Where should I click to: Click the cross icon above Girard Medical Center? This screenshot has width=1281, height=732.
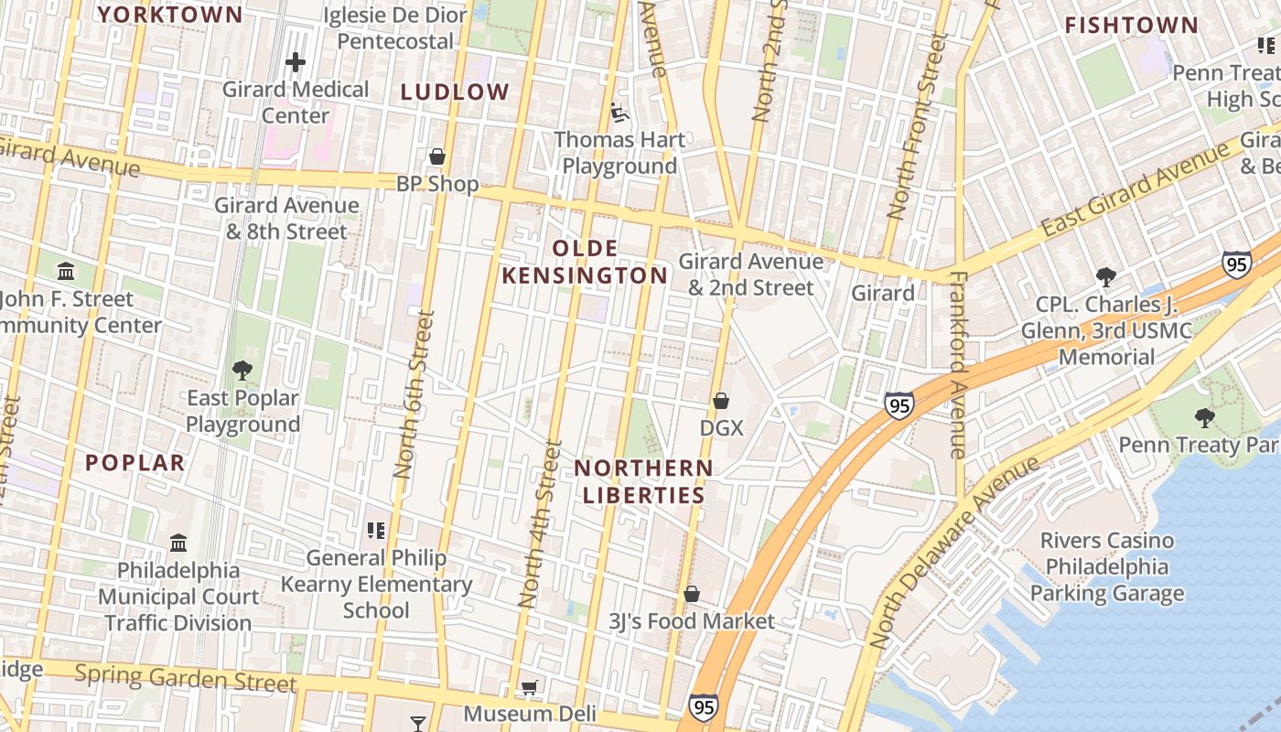295,62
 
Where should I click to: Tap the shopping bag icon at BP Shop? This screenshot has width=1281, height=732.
437,156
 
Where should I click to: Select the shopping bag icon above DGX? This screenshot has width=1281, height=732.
721,401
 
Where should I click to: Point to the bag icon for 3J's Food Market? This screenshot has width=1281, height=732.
692,594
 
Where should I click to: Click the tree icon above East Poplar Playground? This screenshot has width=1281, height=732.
242,371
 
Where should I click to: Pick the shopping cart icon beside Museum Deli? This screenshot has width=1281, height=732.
529,687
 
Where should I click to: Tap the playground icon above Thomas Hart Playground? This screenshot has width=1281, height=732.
619,113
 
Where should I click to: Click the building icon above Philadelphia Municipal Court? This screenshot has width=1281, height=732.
178,543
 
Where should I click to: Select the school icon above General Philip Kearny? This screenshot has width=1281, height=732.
375,530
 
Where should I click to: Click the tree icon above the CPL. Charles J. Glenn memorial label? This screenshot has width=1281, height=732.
1106,276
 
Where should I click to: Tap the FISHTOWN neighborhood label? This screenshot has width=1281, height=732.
1131,26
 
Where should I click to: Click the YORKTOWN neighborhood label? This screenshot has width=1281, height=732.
170,15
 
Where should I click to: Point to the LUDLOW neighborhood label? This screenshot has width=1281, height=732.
455,91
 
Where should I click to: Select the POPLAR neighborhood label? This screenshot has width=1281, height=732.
135,463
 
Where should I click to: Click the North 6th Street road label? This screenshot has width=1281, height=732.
413,393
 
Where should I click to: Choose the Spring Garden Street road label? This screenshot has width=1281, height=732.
186,679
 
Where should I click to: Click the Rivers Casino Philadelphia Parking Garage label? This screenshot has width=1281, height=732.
1106,567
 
